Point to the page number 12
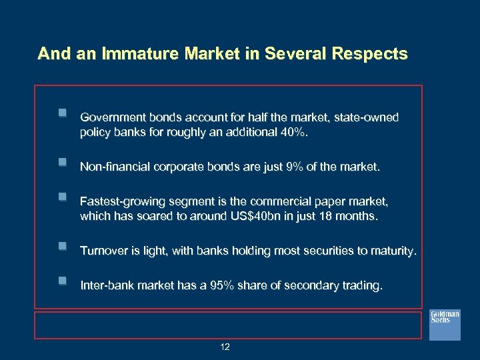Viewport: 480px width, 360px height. point(225,347)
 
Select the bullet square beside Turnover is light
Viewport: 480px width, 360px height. point(62,246)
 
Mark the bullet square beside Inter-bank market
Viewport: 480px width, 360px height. point(62,281)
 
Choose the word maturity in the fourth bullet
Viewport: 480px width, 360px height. point(393,251)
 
